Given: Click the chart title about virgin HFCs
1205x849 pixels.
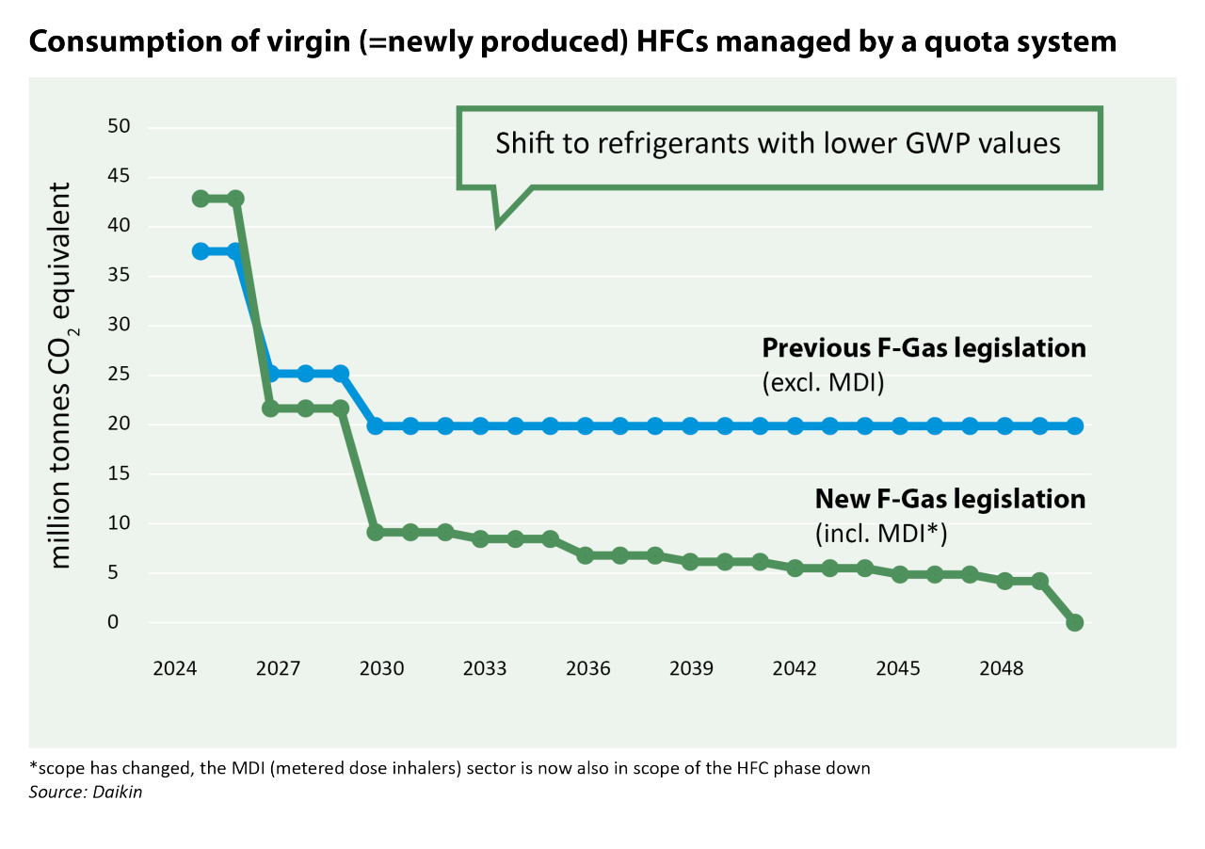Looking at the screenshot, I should pos(573,42).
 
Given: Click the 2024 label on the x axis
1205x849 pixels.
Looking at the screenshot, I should pos(174,668).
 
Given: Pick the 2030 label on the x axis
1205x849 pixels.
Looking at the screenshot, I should pos(381,668).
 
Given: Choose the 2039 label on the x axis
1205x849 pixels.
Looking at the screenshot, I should pos(691,668).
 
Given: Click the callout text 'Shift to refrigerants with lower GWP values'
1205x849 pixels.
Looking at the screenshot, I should pos(778,144).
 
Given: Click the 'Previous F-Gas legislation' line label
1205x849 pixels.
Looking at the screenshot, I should pos(924,348).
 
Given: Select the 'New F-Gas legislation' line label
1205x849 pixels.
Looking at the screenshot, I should pos(950,499).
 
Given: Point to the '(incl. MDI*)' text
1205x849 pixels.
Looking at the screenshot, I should pos(880,534).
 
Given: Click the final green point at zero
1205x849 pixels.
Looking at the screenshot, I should pos(1074,622).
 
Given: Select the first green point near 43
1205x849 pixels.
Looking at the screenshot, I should pos(201,199).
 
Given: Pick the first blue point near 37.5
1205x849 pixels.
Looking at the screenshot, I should pos(201,251).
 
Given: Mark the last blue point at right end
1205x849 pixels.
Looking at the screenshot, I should pos(1074,426).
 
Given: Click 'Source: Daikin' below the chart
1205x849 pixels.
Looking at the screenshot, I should pos(86,793).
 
